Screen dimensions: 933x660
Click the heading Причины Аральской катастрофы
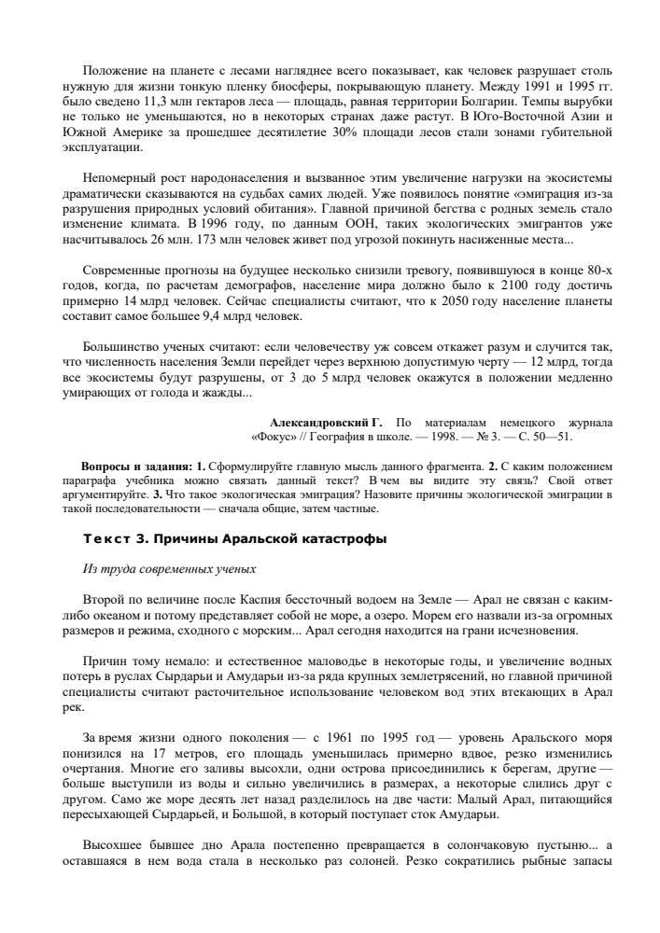[x=270, y=540]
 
